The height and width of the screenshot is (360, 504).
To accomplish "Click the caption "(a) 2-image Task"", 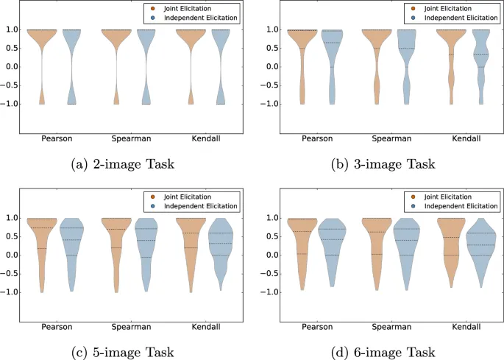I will (124, 164).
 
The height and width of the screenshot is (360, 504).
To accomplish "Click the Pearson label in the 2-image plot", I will (57, 138).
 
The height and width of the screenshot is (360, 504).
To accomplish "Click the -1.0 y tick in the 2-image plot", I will (13, 104).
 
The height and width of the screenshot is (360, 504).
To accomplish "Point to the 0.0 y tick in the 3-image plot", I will (269, 67).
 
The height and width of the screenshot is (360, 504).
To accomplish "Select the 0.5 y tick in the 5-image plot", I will (15, 236).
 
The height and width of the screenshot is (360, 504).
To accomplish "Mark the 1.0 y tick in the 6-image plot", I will (269, 218).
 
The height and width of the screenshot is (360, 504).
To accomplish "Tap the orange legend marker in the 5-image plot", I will (151, 197).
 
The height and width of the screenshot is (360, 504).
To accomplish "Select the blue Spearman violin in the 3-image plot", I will (406, 52).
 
